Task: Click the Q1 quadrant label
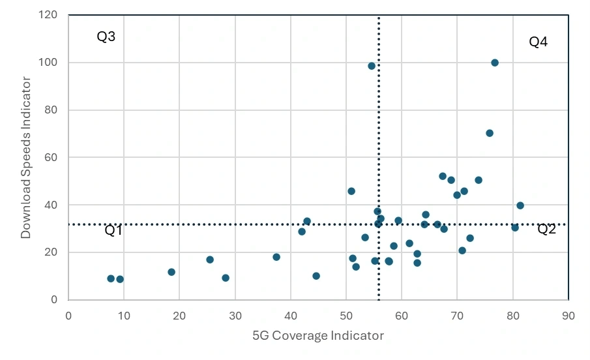113,230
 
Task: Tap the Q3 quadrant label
106,37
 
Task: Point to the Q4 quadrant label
538,42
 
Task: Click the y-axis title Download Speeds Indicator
26,157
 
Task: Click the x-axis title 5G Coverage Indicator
318,336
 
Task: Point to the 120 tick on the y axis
48,15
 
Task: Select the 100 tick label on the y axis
48,63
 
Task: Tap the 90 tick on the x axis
568,316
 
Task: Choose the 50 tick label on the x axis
346,316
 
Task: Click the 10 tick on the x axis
124,316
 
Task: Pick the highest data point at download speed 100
495,63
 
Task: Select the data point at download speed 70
490,133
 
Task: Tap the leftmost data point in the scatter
111,278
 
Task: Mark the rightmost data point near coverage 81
520,205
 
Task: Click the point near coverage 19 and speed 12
171,272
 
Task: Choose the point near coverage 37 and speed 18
276,257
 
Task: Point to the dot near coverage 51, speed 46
351,191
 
